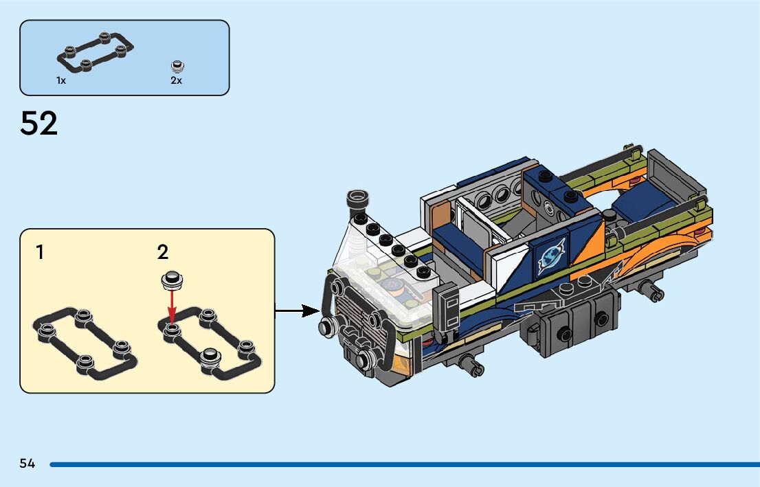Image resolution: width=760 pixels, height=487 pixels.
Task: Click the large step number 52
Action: coord(38,123)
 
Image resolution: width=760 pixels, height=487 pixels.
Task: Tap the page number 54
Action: coord(27,464)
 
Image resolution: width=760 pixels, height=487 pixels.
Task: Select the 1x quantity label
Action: coord(61,80)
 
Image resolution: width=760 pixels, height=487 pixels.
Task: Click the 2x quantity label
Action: coord(176,80)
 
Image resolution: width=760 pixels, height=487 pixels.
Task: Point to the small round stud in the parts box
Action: coord(178,67)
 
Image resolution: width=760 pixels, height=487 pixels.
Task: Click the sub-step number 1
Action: coord(41,253)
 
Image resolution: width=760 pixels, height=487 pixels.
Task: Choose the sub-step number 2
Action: coord(163,253)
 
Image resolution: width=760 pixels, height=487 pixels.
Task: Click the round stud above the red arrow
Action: coord(172,280)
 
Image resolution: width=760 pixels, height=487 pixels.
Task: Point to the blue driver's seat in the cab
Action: coord(459,242)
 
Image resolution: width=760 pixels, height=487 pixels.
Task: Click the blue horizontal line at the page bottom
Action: coord(405,465)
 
